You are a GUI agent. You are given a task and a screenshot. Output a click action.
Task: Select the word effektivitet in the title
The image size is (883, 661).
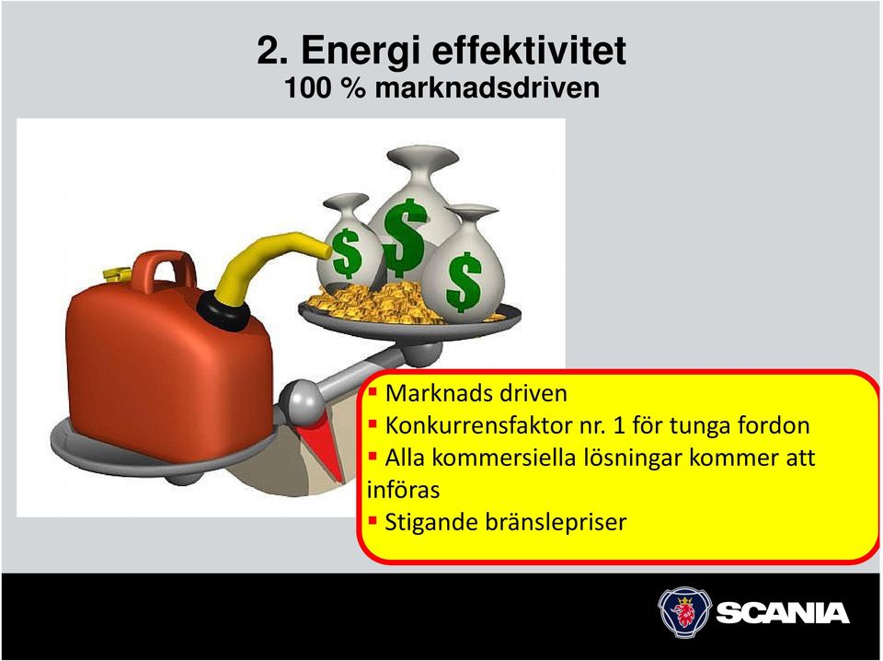tap(529, 50)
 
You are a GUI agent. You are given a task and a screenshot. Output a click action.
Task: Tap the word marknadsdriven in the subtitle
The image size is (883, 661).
tap(487, 87)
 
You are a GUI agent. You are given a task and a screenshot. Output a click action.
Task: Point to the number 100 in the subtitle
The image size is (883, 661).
tap(308, 87)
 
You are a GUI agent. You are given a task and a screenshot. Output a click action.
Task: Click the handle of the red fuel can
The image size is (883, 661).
tap(165, 271)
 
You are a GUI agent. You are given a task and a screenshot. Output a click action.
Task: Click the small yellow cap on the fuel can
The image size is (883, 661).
tap(118, 274)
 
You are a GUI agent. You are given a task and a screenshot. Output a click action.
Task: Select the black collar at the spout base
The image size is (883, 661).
tap(224, 310)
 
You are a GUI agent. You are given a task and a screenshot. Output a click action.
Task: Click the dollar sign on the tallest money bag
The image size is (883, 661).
tap(405, 238)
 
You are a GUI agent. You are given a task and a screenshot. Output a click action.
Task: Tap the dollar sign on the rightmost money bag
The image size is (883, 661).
tap(464, 283)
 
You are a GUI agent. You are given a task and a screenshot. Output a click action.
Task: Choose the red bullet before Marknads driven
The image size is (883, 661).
tap(373, 391)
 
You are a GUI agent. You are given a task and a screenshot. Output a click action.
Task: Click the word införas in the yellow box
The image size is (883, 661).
tap(403, 489)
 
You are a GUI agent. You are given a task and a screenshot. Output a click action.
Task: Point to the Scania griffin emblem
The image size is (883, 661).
tap(684, 612)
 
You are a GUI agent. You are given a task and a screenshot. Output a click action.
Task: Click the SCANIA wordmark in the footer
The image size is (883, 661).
tap(783, 613)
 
